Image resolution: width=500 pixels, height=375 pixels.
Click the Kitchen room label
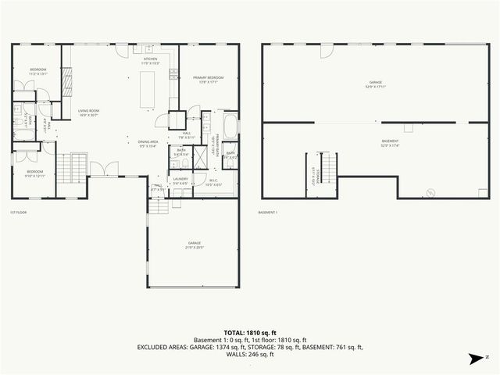(x=151, y=61)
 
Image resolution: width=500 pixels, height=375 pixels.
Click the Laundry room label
(x=181, y=180)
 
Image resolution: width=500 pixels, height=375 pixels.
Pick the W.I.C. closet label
(x=214, y=183)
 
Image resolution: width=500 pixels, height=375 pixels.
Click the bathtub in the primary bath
(x=230, y=126)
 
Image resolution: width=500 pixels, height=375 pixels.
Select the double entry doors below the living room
(x=105, y=169)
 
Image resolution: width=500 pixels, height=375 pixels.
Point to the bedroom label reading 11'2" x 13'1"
(x=38, y=72)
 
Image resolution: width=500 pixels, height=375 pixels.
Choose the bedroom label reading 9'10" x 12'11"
(x=35, y=173)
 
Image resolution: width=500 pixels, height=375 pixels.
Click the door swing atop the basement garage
(x=326, y=50)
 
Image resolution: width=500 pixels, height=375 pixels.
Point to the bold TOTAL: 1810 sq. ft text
(x=249, y=332)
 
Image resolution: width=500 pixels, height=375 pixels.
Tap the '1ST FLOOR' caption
(x=20, y=212)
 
